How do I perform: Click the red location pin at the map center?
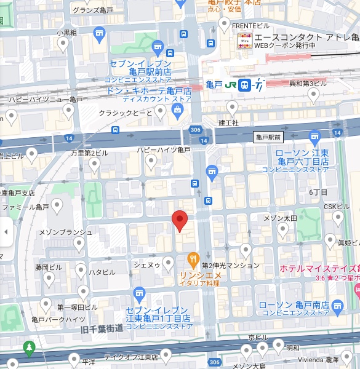click(x=179, y=220)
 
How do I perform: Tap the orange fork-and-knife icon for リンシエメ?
click(x=194, y=260)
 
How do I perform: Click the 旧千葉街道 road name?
click(x=102, y=329)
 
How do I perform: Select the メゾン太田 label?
click(x=281, y=218)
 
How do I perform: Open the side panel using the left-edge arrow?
click(x=6, y=232)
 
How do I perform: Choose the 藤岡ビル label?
click(x=48, y=268)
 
